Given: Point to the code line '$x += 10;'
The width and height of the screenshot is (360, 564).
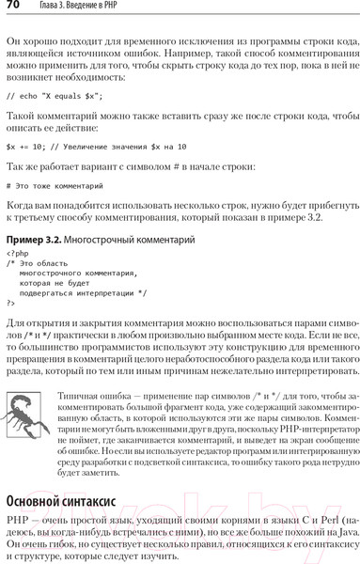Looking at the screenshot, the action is tap(95, 147).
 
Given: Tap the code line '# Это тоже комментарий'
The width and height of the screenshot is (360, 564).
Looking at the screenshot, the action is tap(57, 185).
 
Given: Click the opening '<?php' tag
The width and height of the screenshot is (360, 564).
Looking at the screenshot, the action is tap(17, 254).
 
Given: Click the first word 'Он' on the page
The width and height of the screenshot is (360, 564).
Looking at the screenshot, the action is tap(13, 41).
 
